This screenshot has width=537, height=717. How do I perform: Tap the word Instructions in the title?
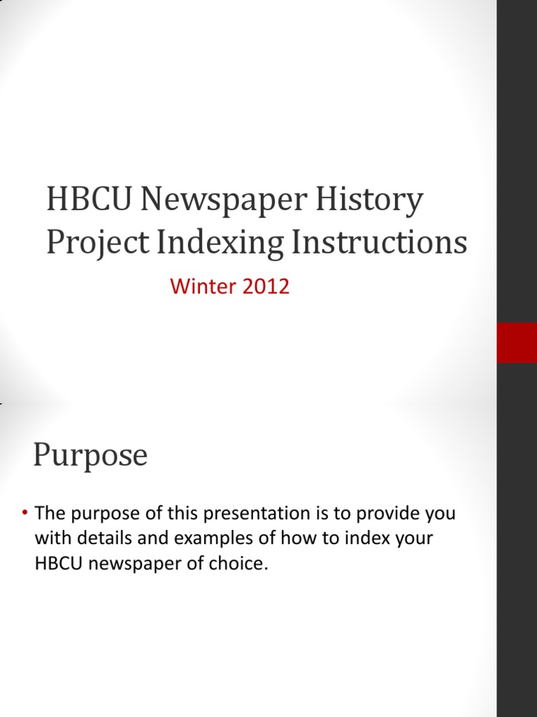click(x=378, y=242)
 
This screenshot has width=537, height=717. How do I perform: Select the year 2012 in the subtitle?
click(x=264, y=286)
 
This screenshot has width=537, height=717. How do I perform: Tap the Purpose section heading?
click(x=90, y=456)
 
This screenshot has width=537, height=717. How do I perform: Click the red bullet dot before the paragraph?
click(x=24, y=514)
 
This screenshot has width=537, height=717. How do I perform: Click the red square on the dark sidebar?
click(x=517, y=343)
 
